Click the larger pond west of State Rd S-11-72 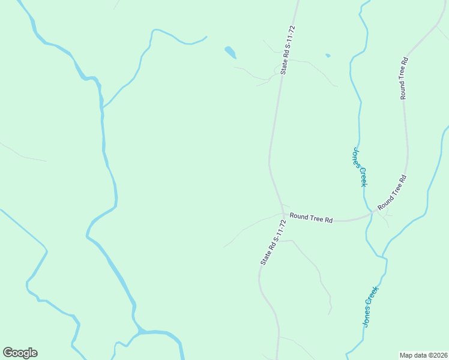click(x=230, y=52)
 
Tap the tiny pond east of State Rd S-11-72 click(x=328, y=56)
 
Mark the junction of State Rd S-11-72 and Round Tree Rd click(x=283, y=213)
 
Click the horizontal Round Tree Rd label click(x=311, y=218)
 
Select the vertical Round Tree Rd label click(x=405, y=78)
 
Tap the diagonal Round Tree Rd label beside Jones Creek click(x=393, y=193)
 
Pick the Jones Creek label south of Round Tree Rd click(x=372, y=306)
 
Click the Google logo click(x=20, y=353)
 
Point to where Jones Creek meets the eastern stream click(x=383, y=257)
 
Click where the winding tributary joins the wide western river click(x=103, y=108)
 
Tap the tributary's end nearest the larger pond click(x=207, y=37)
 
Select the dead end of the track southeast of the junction click(x=330, y=314)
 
